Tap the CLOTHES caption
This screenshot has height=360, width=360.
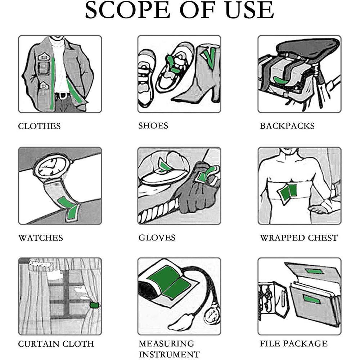[39, 126]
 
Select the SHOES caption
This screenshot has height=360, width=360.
[153, 126]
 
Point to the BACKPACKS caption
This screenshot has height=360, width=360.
[287, 126]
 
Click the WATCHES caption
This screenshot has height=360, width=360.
[41, 238]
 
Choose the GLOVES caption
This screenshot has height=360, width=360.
[157, 238]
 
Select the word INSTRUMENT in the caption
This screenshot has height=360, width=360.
[169, 354]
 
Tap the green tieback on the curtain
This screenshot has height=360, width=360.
[94, 305]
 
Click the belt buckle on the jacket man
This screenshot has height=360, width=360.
[62, 95]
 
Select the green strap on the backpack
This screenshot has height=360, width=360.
[280, 80]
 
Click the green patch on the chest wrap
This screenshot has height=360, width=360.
[288, 191]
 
